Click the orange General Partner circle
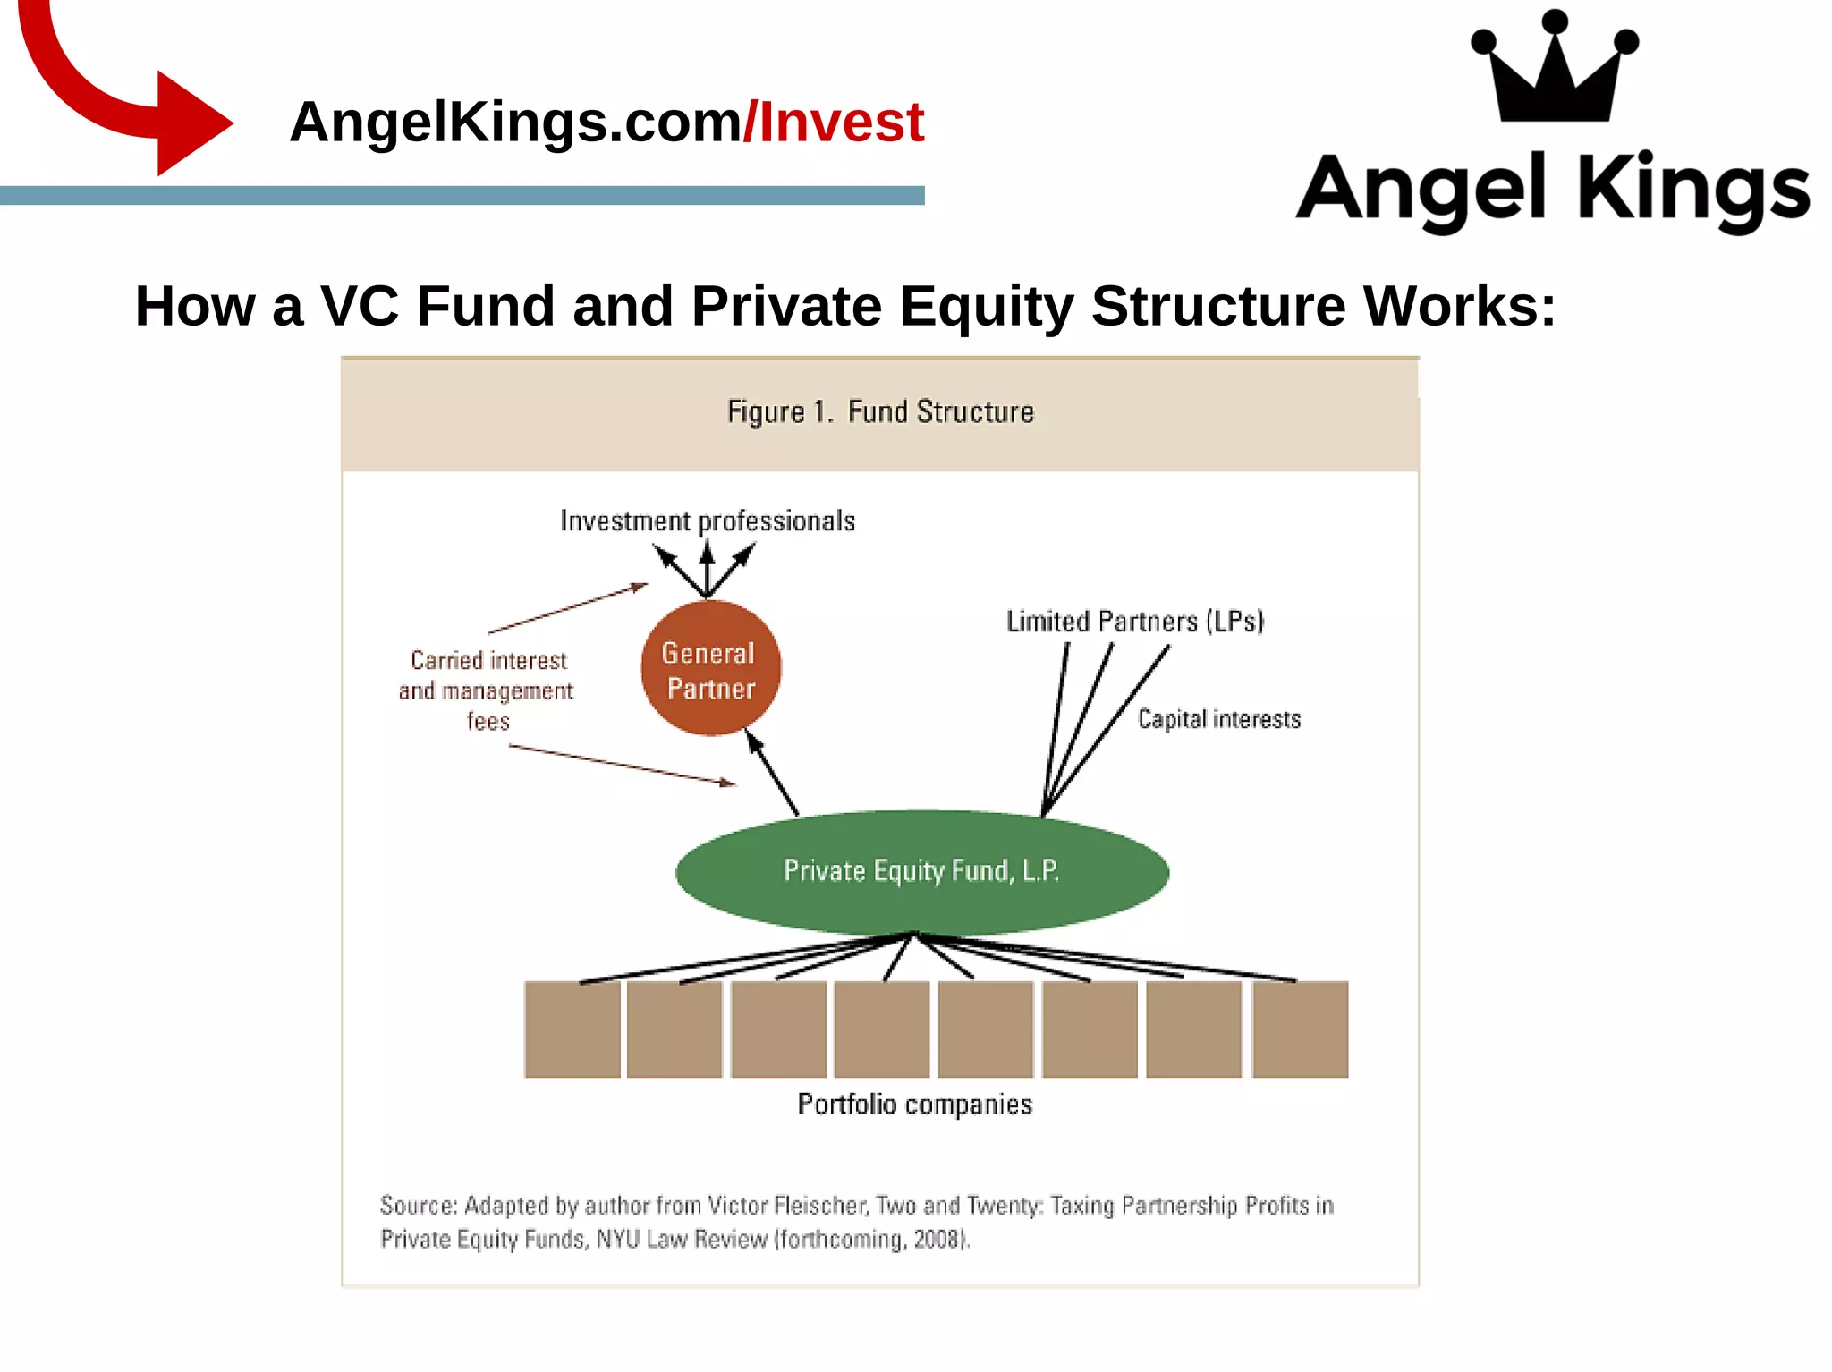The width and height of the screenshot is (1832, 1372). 710,669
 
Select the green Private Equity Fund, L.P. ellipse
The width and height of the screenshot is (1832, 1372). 921,871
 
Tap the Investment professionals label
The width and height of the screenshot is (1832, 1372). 707,521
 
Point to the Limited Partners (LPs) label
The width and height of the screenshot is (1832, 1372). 1134,622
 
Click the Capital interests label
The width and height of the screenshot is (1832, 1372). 1218,719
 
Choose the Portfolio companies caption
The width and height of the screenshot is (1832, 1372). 914,1105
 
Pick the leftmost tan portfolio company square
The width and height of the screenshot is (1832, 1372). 572,1029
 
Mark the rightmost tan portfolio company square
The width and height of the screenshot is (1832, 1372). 1300,1029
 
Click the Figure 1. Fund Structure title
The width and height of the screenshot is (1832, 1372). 880,412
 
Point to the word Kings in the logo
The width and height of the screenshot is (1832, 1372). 1693,191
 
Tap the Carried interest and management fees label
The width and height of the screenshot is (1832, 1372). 487,690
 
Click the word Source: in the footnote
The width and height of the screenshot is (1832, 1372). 419,1206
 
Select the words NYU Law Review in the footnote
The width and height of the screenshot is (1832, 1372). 682,1240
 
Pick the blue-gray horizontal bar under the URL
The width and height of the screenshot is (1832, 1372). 462,196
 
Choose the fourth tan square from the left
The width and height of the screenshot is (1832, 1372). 882,1029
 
